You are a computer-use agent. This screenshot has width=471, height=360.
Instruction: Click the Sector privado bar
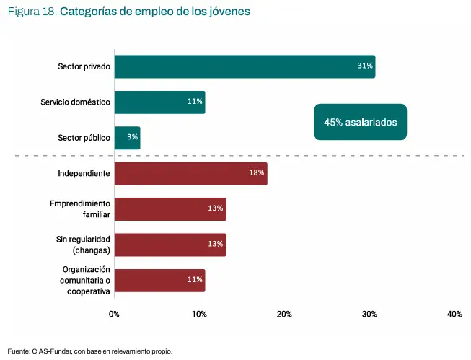click(x=245, y=66)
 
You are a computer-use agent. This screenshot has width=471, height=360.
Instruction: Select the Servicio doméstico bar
click(x=159, y=102)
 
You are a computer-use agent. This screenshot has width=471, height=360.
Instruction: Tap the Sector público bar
click(x=127, y=137)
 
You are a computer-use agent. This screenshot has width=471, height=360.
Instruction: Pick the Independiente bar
click(x=190, y=174)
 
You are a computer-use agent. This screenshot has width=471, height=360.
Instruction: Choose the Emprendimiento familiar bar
click(x=170, y=208)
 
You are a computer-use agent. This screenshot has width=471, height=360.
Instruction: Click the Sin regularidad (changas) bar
click(x=170, y=244)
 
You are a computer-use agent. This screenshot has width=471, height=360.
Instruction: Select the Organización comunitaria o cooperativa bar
click(x=159, y=280)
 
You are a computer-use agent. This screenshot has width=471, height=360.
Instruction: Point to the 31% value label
click(x=365, y=66)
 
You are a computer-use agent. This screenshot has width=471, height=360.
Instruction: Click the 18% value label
click(x=257, y=174)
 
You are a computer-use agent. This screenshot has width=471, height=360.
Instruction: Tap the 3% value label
click(x=133, y=137)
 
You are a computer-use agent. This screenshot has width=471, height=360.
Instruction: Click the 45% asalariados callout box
click(x=361, y=123)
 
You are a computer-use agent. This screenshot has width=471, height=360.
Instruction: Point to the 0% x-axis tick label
click(x=114, y=315)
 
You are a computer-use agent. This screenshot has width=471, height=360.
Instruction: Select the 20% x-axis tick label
click(x=284, y=315)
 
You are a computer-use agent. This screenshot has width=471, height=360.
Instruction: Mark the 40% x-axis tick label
click(x=454, y=315)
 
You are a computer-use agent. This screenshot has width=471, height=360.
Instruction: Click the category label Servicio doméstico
click(x=75, y=102)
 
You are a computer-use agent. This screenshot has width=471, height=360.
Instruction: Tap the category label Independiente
click(x=84, y=174)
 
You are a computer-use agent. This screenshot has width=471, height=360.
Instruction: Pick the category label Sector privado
click(x=84, y=66)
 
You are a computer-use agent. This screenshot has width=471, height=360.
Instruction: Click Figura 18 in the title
click(x=32, y=12)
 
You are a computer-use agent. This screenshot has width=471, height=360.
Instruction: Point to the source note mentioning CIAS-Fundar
click(x=90, y=351)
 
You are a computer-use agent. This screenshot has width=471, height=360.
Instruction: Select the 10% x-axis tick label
click(x=199, y=315)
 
